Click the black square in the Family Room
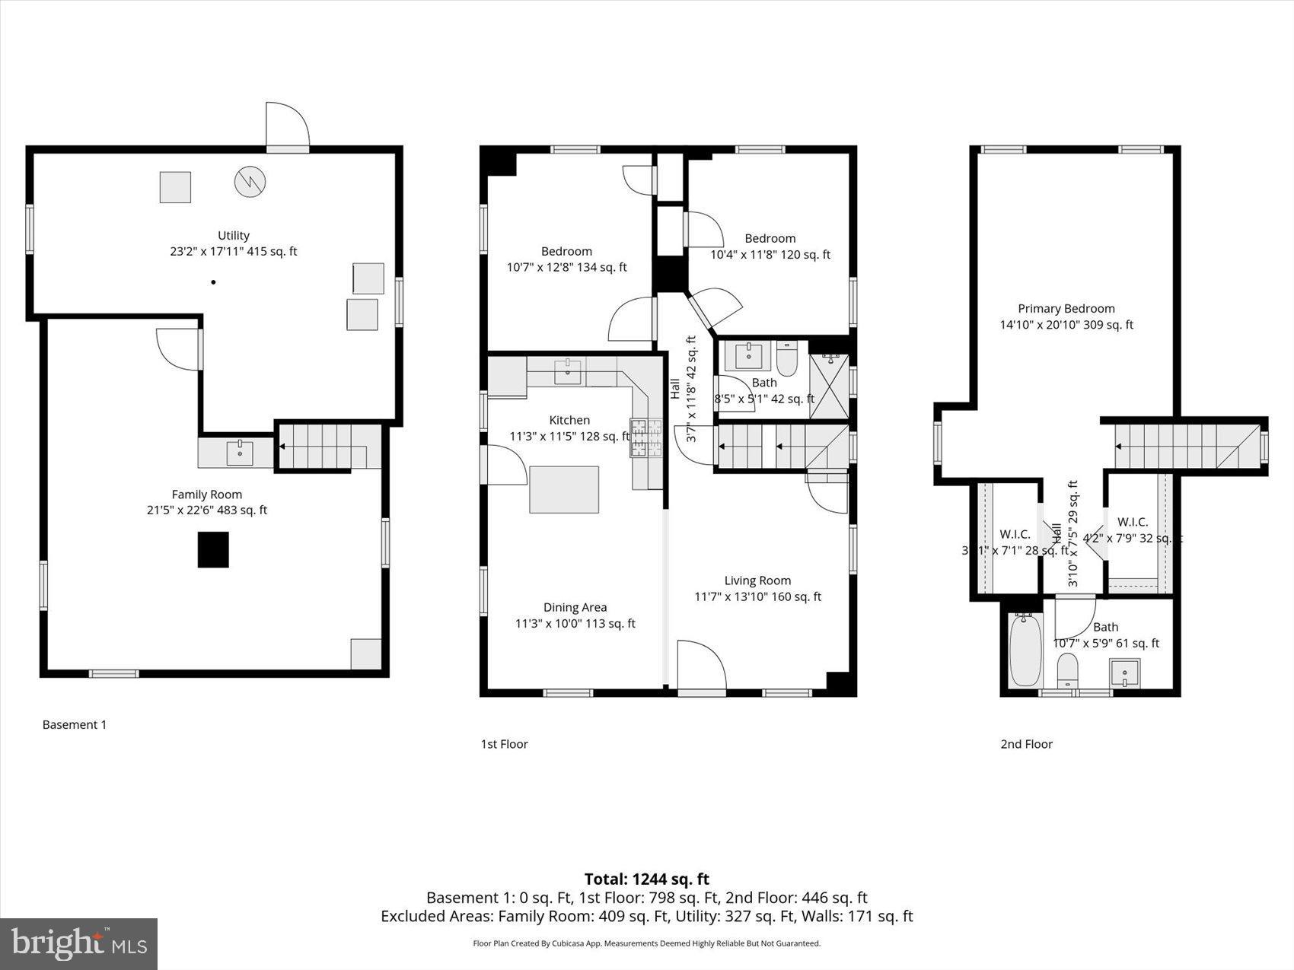click(x=213, y=549)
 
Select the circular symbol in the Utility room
click(x=250, y=181)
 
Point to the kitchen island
click(x=564, y=490)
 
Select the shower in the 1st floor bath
click(x=829, y=386)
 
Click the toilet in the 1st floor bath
click(x=786, y=358)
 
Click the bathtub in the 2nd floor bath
click(x=1025, y=651)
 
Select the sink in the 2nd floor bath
click(x=1124, y=673)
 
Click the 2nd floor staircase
click(x=1184, y=446)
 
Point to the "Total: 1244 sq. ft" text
click(x=646, y=879)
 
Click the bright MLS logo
click(x=79, y=944)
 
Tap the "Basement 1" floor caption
click(x=75, y=724)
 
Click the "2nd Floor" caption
click(x=1026, y=743)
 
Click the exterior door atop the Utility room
click(x=287, y=126)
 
